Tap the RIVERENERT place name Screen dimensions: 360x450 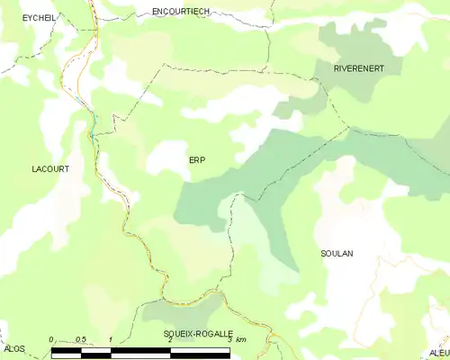coord(359,68)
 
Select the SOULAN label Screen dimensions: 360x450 coord(337,254)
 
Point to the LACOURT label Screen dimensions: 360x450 coord(50,168)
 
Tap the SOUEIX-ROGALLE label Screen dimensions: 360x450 coord(198,334)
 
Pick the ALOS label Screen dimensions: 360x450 coord(14,347)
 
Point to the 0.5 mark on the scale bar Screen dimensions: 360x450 coord(81,339)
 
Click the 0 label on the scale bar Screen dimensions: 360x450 coord(52,339)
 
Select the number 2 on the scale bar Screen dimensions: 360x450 coord(169,339)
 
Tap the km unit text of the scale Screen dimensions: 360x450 coord(242,339)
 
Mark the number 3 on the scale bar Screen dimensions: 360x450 coord(229,339)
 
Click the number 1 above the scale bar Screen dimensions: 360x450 coord(110,339)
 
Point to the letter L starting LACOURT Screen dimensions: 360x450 coord(34,168)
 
